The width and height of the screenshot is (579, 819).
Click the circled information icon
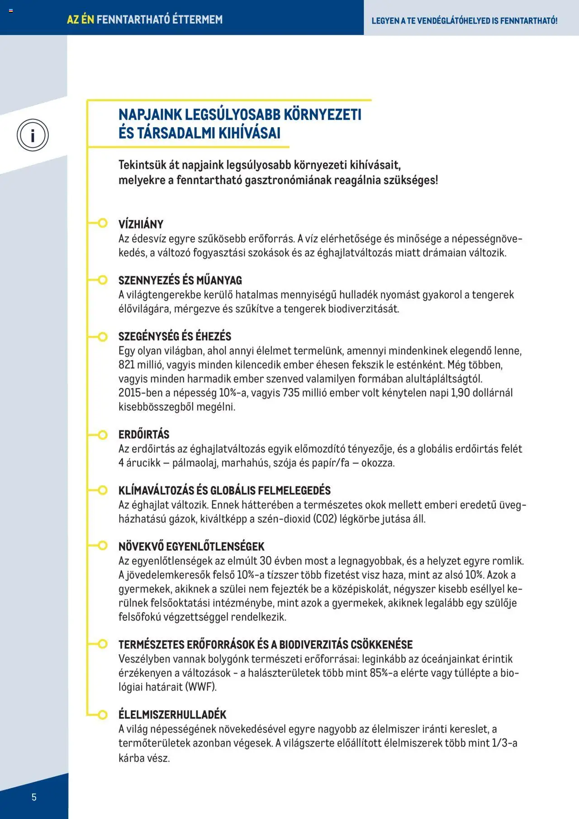33,135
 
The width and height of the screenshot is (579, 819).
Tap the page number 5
34,797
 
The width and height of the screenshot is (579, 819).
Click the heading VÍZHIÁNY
141,224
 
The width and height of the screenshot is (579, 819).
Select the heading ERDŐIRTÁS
144,434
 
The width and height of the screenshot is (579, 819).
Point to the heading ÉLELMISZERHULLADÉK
172,714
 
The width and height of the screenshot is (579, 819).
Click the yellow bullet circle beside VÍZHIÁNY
103,223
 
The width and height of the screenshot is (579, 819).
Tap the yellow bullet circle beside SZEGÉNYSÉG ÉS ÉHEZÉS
103,337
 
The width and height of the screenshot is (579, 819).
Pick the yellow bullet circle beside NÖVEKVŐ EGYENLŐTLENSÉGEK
103,546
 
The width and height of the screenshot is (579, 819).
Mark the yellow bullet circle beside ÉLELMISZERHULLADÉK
103,715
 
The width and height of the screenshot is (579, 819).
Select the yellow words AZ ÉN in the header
80,19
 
